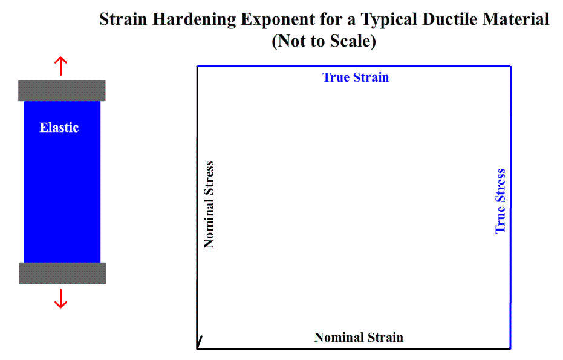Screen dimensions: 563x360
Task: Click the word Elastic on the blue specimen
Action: coord(59,128)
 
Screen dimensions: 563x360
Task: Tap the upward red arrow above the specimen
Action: coord(60,66)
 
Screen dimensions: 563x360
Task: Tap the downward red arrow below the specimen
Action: coord(60,298)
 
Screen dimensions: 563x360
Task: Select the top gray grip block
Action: coord(62,91)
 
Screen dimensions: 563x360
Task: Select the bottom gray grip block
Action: coord(62,273)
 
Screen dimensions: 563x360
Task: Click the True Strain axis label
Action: coord(356,77)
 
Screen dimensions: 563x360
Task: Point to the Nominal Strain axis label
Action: coord(359,338)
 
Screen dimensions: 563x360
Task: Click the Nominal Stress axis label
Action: coord(209,205)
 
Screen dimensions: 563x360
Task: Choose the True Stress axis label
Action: coord(501,201)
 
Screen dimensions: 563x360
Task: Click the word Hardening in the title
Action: coord(194,19)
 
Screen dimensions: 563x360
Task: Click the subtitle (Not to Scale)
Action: coord(324,41)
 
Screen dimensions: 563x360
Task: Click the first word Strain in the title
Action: coord(123,19)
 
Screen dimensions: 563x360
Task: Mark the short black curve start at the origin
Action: coord(200,342)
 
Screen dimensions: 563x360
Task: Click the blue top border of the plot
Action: coord(354,66)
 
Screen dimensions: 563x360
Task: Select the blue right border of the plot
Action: coord(510,208)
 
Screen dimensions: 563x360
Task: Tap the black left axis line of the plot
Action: coord(198,208)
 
